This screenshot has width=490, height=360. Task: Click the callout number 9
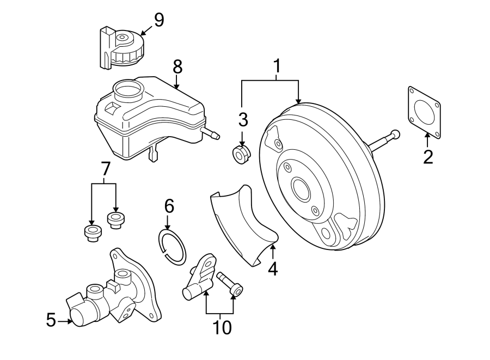coord(158,20)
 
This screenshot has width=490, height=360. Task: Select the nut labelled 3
coord(241,154)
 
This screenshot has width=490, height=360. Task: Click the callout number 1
coord(277,66)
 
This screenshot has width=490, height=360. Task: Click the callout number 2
coord(428,157)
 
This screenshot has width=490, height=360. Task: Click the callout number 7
coord(106,169)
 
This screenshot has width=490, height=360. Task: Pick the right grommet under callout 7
coord(115,220)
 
